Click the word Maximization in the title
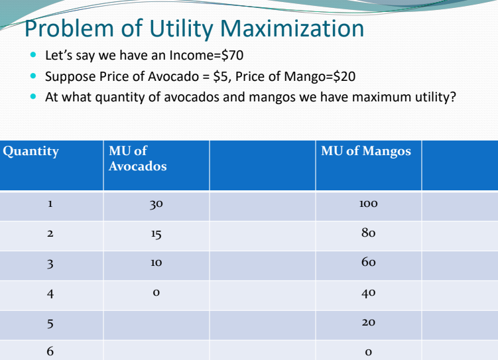pos(292,29)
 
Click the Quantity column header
pos(31,151)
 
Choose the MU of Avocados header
pos(137,158)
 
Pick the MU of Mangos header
pos(365,151)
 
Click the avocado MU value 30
pos(156,206)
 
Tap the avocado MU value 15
pos(156,234)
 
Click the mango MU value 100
pos(368,206)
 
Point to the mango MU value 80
pos(368,234)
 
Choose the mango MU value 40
pos(368,292)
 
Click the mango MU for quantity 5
pos(368,322)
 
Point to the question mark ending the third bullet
pos(454,97)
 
